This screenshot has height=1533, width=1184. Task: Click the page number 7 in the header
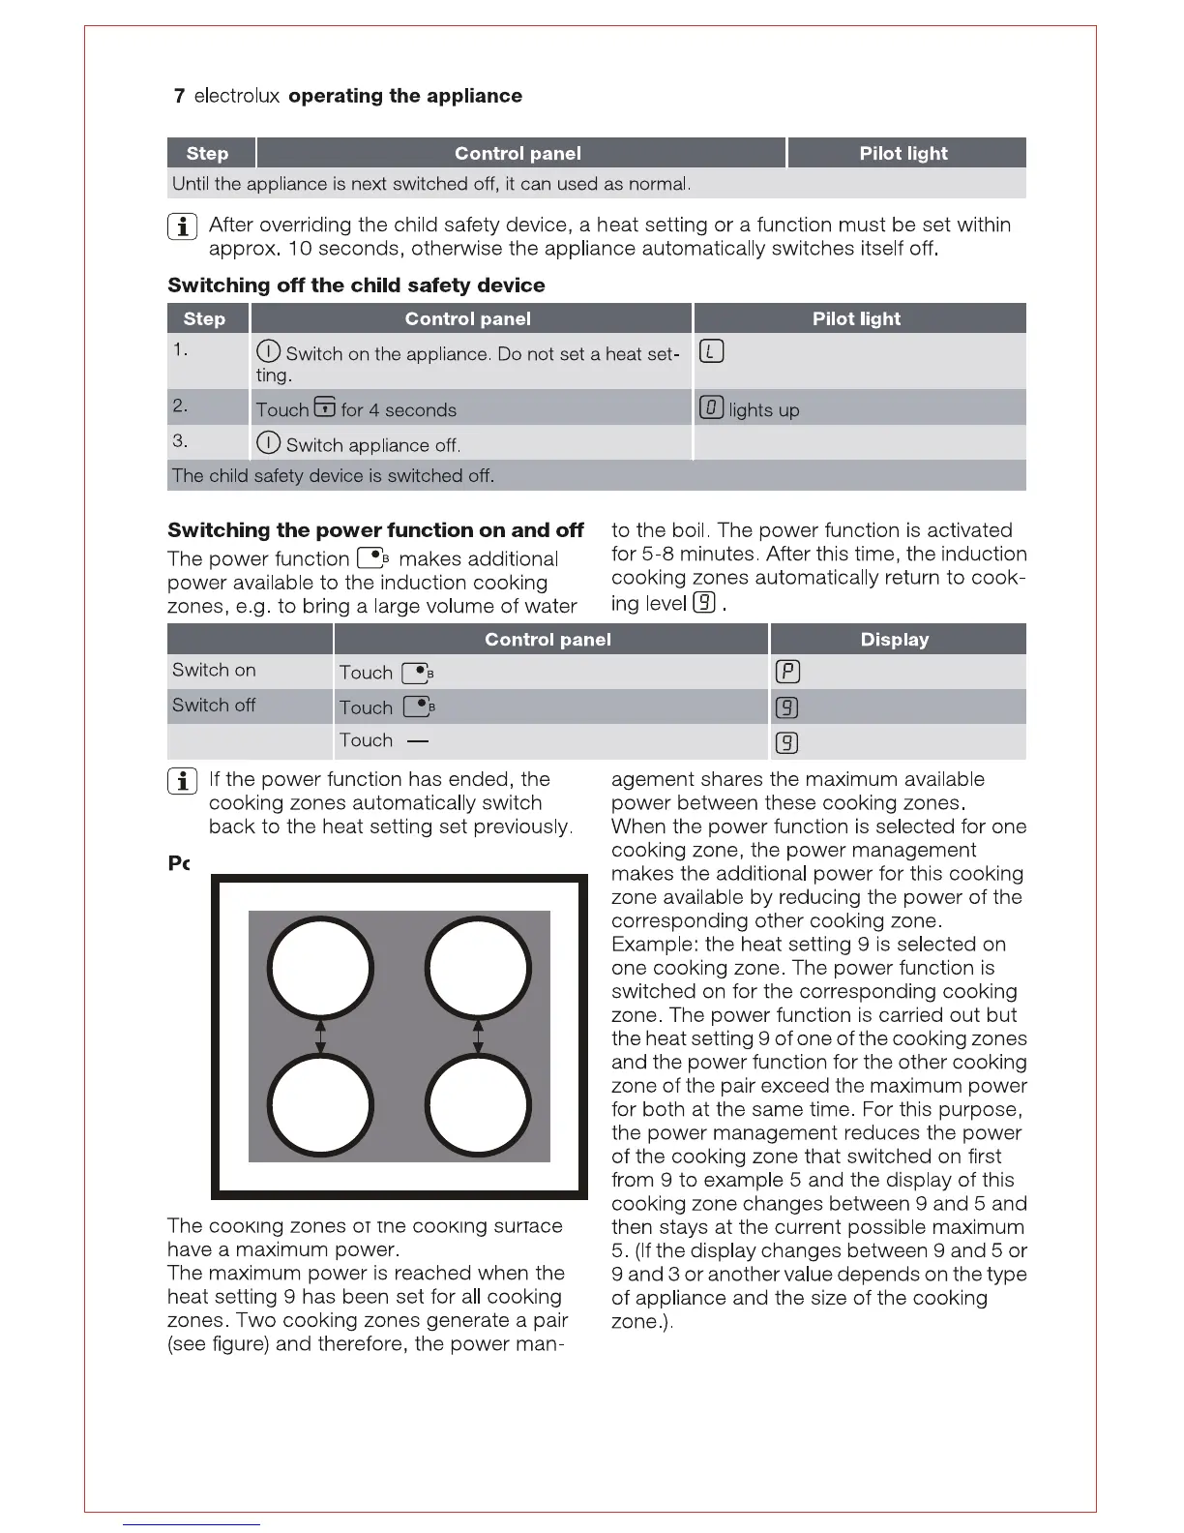pos(179,96)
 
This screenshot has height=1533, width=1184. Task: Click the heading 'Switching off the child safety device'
pos(356,286)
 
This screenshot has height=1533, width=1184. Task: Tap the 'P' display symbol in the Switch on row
pos(787,672)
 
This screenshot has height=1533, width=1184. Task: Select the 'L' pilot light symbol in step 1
pos(711,351)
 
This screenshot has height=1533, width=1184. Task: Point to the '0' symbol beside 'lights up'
pos(711,408)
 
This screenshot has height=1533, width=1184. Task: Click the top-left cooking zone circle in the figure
pos(320,969)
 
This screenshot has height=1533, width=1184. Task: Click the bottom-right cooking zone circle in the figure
pos(478,1104)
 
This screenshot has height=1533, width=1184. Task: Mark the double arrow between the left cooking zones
pos(320,1037)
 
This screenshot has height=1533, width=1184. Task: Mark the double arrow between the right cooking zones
pos(478,1037)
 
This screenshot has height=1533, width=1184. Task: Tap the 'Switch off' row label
pos(214,706)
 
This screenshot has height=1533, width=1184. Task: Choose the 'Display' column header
pos(894,640)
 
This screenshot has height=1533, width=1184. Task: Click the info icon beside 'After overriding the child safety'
pos(183,226)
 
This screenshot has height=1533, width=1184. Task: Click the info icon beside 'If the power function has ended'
pos(183,781)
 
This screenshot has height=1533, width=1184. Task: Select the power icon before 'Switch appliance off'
pos(268,443)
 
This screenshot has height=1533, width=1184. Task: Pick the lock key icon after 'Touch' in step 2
pos(325,407)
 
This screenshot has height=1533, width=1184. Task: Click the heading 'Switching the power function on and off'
pos(375,530)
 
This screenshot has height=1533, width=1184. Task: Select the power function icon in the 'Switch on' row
pos(417,673)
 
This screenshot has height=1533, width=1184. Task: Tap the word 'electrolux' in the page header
pos(237,96)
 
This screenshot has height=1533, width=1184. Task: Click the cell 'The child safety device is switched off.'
pos(333,476)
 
